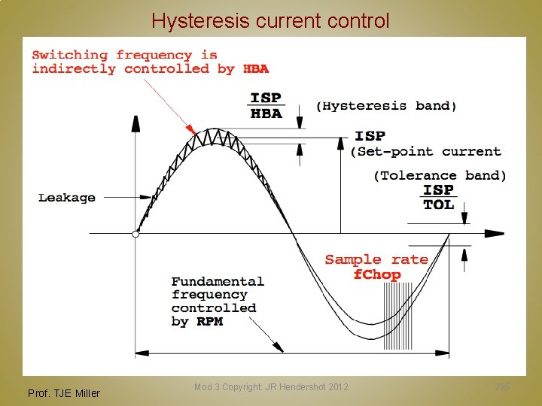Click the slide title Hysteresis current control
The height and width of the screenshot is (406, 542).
270,20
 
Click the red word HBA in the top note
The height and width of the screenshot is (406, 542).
256,69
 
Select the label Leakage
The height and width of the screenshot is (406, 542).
67,198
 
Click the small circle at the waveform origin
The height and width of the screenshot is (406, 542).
135,234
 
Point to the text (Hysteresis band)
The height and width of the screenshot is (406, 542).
386,106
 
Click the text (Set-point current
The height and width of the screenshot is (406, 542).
426,152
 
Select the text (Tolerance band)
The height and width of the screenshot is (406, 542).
440,176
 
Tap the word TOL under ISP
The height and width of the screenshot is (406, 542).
439,205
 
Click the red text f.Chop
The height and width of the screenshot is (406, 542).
377,274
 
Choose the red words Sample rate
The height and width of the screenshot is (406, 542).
376,259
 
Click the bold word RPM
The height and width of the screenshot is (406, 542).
209,322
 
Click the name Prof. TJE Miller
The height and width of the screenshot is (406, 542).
63,392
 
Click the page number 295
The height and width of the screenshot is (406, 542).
502,387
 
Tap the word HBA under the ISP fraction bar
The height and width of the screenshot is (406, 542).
266,114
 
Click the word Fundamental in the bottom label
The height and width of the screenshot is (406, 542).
218,282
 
